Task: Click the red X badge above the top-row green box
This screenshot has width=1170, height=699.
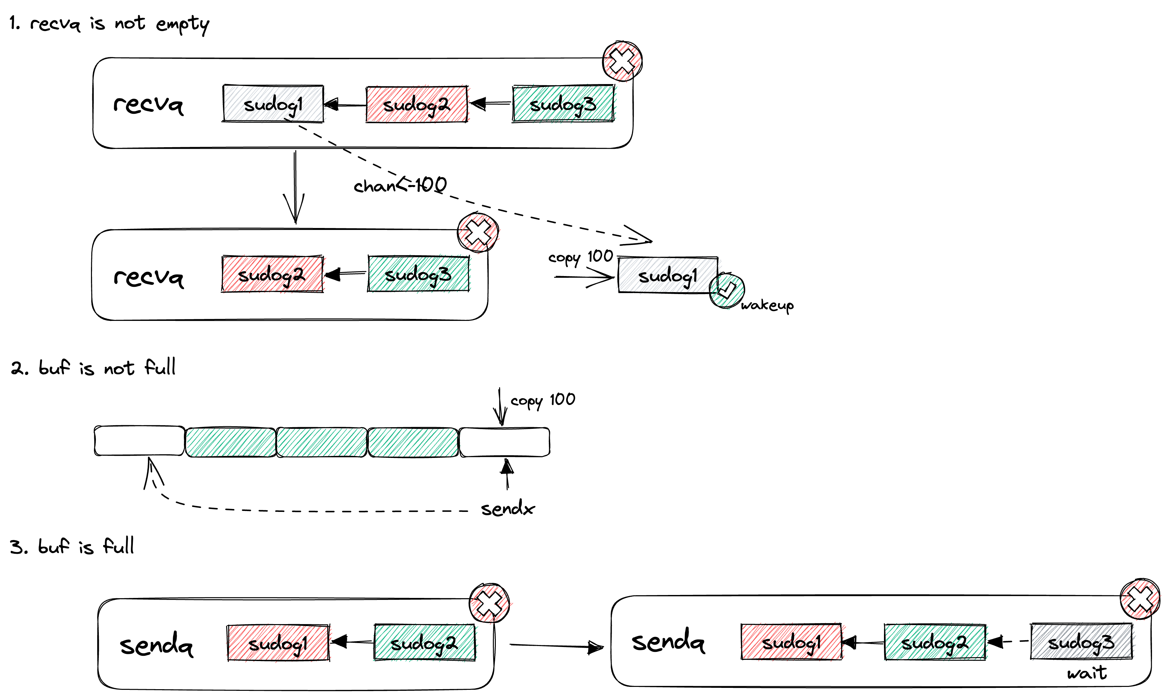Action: [622, 61]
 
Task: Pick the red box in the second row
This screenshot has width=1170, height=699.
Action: [274, 274]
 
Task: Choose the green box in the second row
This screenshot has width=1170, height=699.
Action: [419, 274]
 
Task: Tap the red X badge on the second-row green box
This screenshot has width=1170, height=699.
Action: [479, 233]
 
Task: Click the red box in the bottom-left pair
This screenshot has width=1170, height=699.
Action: [279, 643]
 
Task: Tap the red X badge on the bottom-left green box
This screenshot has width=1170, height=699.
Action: [490, 603]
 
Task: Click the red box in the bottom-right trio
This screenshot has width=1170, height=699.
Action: [793, 642]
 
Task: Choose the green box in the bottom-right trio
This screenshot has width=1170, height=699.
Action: [936, 642]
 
